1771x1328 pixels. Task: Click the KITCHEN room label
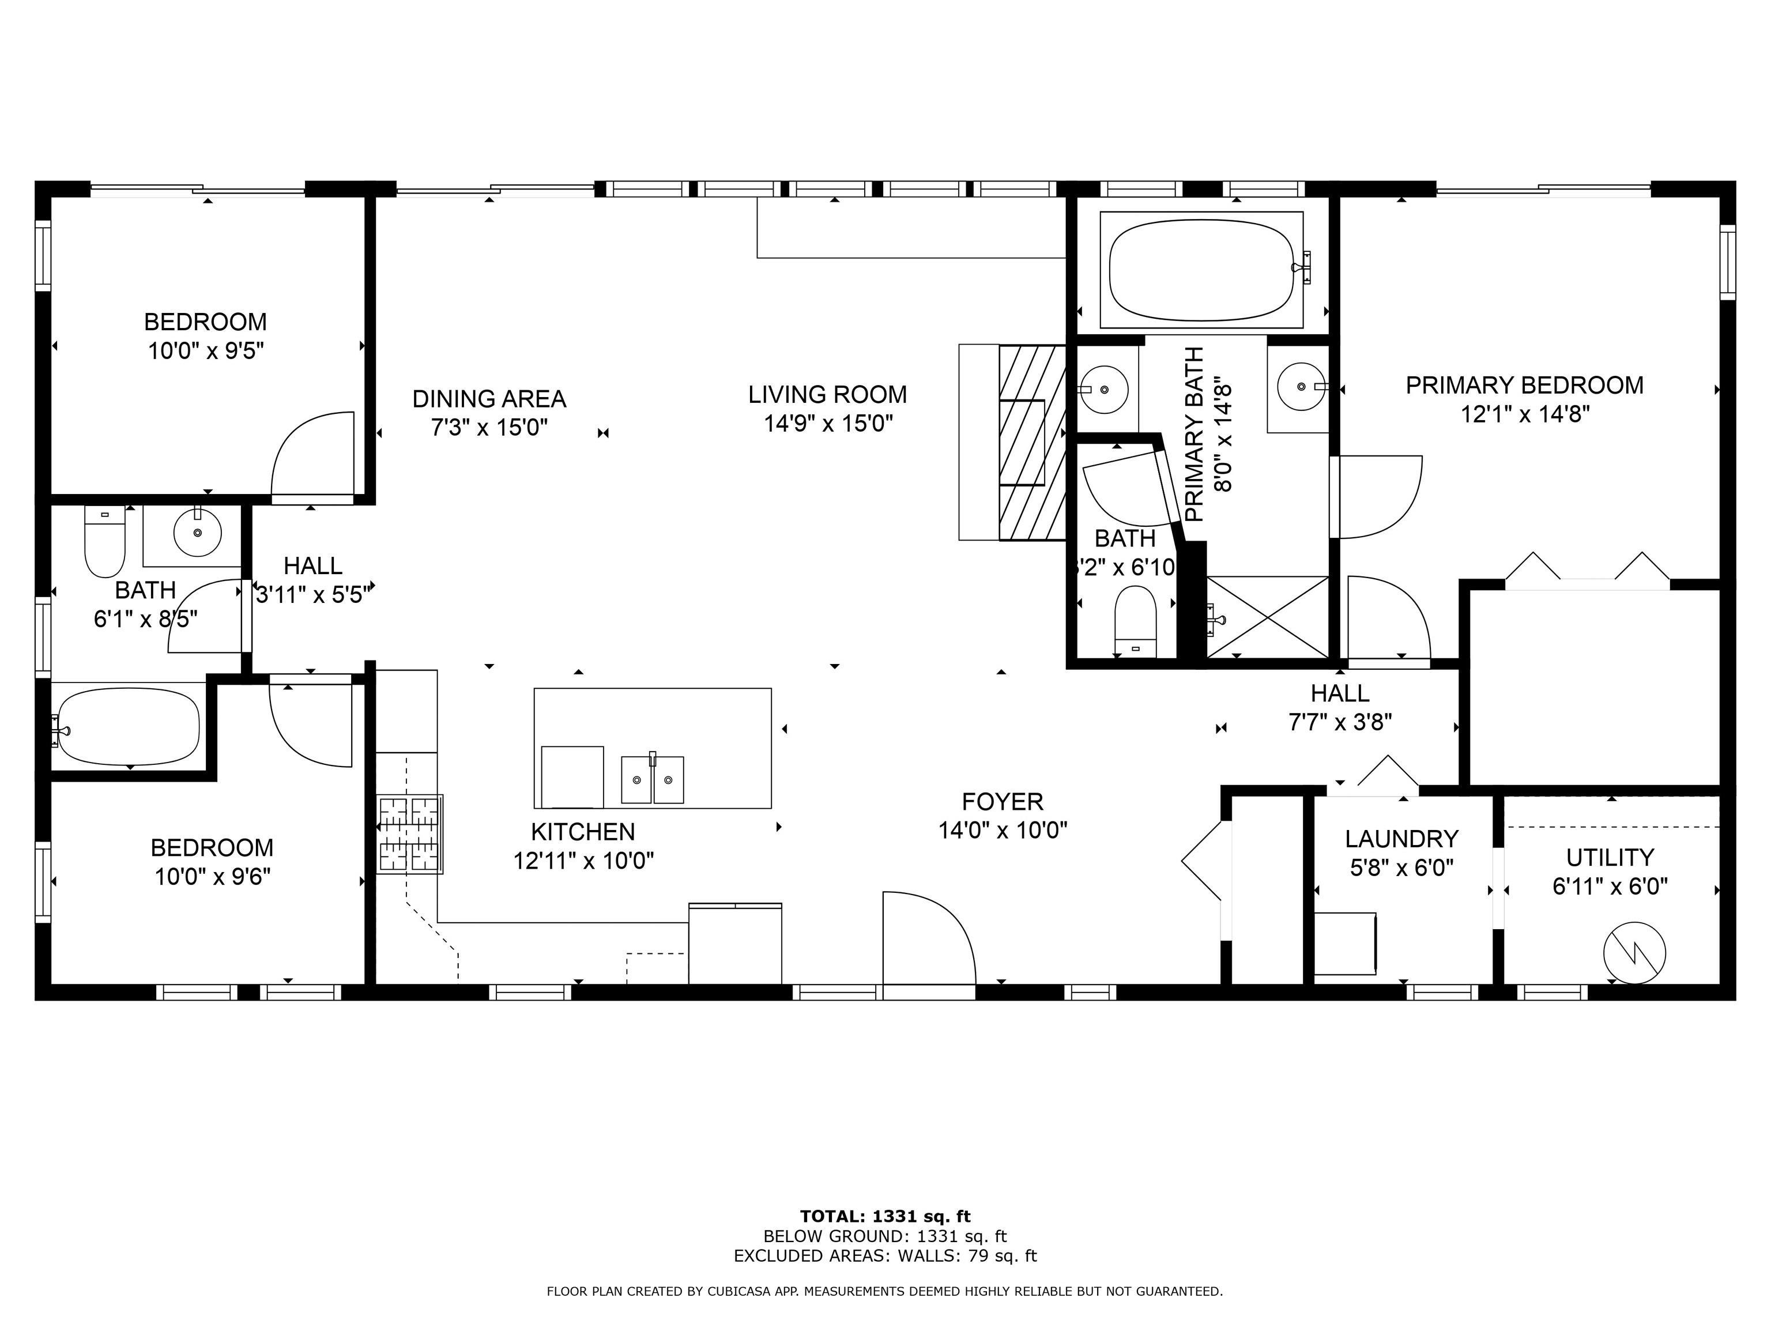tap(582, 832)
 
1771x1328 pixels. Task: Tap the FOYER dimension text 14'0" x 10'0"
tap(1003, 830)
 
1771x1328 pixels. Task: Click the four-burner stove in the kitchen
tap(409, 834)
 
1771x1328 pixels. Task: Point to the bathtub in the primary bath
tap(1201, 270)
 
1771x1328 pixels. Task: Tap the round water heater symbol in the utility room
tap(1634, 953)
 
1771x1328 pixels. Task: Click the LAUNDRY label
tap(1401, 838)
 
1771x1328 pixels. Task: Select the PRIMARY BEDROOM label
tap(1524, 385)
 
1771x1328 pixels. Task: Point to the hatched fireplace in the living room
tap(1031, 442)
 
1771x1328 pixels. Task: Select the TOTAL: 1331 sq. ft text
tap(885, 1217)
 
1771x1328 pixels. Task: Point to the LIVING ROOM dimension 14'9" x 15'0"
tap(828, 424)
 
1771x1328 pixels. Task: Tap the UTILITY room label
tap(1609, 857)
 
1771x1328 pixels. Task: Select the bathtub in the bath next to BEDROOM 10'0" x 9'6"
tap(128, 727)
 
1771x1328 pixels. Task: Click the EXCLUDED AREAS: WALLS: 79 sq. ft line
tap(885, 1256)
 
